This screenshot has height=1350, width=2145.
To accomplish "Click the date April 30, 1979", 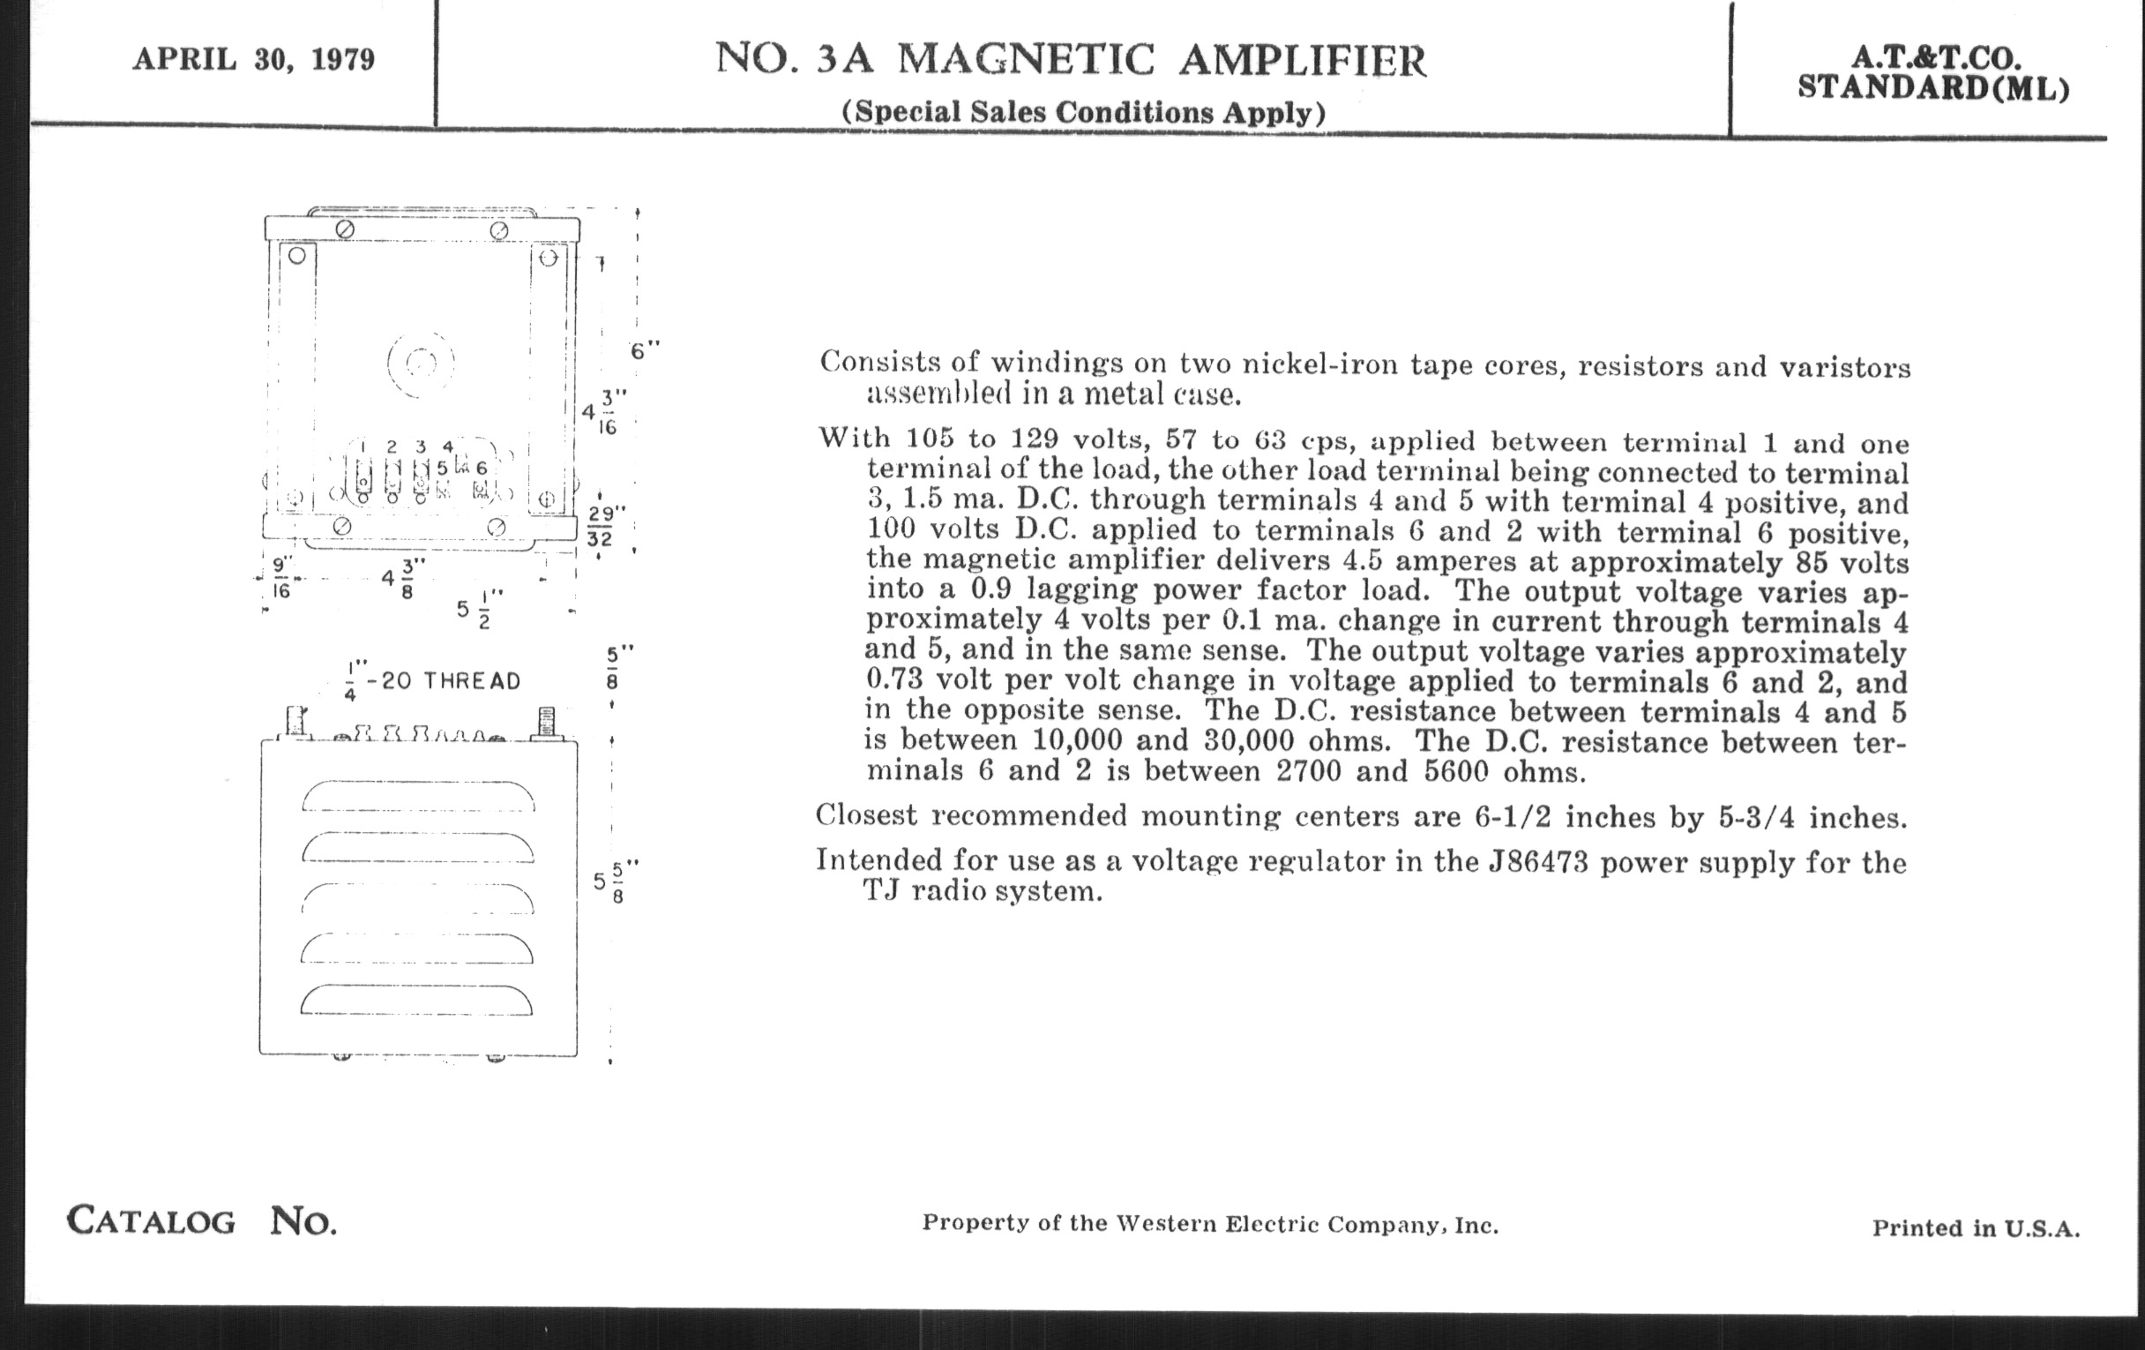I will point(254,60).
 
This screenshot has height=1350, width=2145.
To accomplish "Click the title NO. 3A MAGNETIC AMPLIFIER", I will point(1071,60).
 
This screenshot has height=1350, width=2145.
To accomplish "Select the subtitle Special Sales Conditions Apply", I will point(1083,113).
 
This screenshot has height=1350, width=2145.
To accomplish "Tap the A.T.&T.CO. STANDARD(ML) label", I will point(1933,73).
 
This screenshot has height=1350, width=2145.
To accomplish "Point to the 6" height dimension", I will point(645,350).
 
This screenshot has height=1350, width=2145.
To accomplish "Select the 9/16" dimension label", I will point(281,577).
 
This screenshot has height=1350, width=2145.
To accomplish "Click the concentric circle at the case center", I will point(421,363).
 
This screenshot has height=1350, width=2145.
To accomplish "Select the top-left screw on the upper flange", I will point(345,230).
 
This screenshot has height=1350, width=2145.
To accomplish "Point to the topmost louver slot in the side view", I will point(418,796).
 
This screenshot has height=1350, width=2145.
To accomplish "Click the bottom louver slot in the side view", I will point(416,999).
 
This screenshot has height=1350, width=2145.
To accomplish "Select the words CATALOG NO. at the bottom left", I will point(201,1221).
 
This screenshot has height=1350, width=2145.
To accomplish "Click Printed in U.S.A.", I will point(1976,1228).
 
